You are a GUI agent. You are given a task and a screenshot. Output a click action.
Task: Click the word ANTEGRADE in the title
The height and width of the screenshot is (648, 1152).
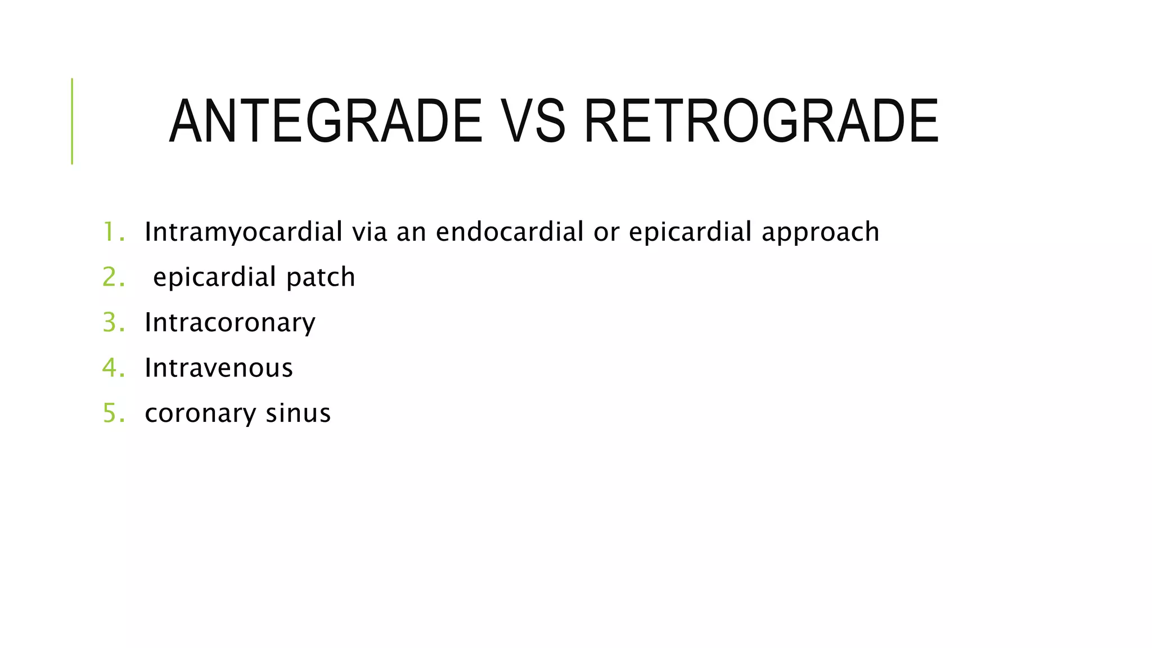click(x=326, y=121)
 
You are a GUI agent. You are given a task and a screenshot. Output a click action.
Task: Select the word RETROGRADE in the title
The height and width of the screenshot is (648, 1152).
click(x=761, y=121)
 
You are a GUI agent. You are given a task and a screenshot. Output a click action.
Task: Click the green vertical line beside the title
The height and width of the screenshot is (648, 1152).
click(x=72, y=121)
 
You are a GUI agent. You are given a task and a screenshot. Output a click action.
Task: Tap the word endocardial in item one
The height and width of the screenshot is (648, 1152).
click(x=510, y=232)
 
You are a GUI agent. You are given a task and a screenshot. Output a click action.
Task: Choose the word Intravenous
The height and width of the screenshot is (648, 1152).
click(x=219, y=368)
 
